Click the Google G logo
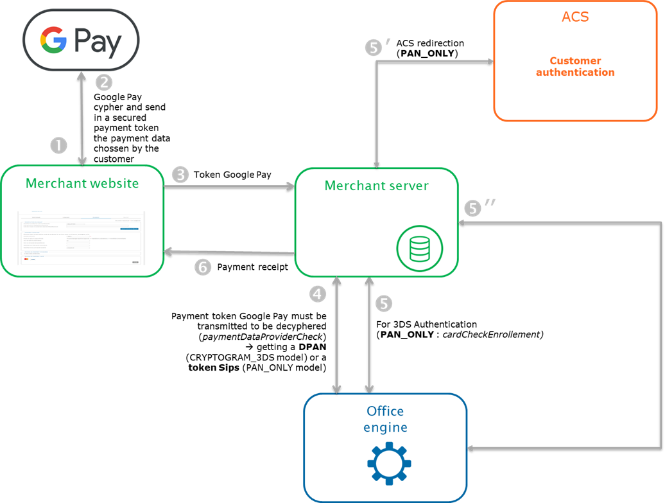click(53, 41)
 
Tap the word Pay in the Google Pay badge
click(98, 42)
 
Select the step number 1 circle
click(58, 146)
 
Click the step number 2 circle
click(104, 82)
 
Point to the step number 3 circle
click(181, 174)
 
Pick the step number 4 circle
click(318, 294)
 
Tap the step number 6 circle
click(203, 267)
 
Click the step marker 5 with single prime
click(374, 49)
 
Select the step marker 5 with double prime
click(473, 208)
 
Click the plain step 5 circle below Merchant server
click(383, 304)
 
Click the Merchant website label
click(82, 184)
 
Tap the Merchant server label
click(376, 186)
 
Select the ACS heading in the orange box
click(575, 17)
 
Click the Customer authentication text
click(575, 67)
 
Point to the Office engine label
click(385, 419)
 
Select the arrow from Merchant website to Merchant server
click(229, 186)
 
